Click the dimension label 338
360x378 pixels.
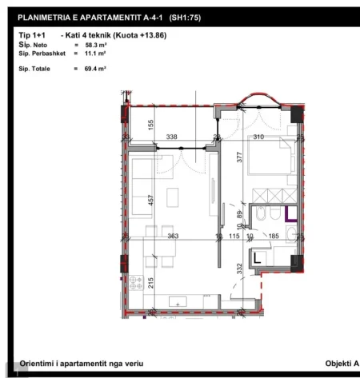(171, 137)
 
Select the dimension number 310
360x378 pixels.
(257, 137)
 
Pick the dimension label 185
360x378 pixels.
(274, 236)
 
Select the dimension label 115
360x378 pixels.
(234, 236)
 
